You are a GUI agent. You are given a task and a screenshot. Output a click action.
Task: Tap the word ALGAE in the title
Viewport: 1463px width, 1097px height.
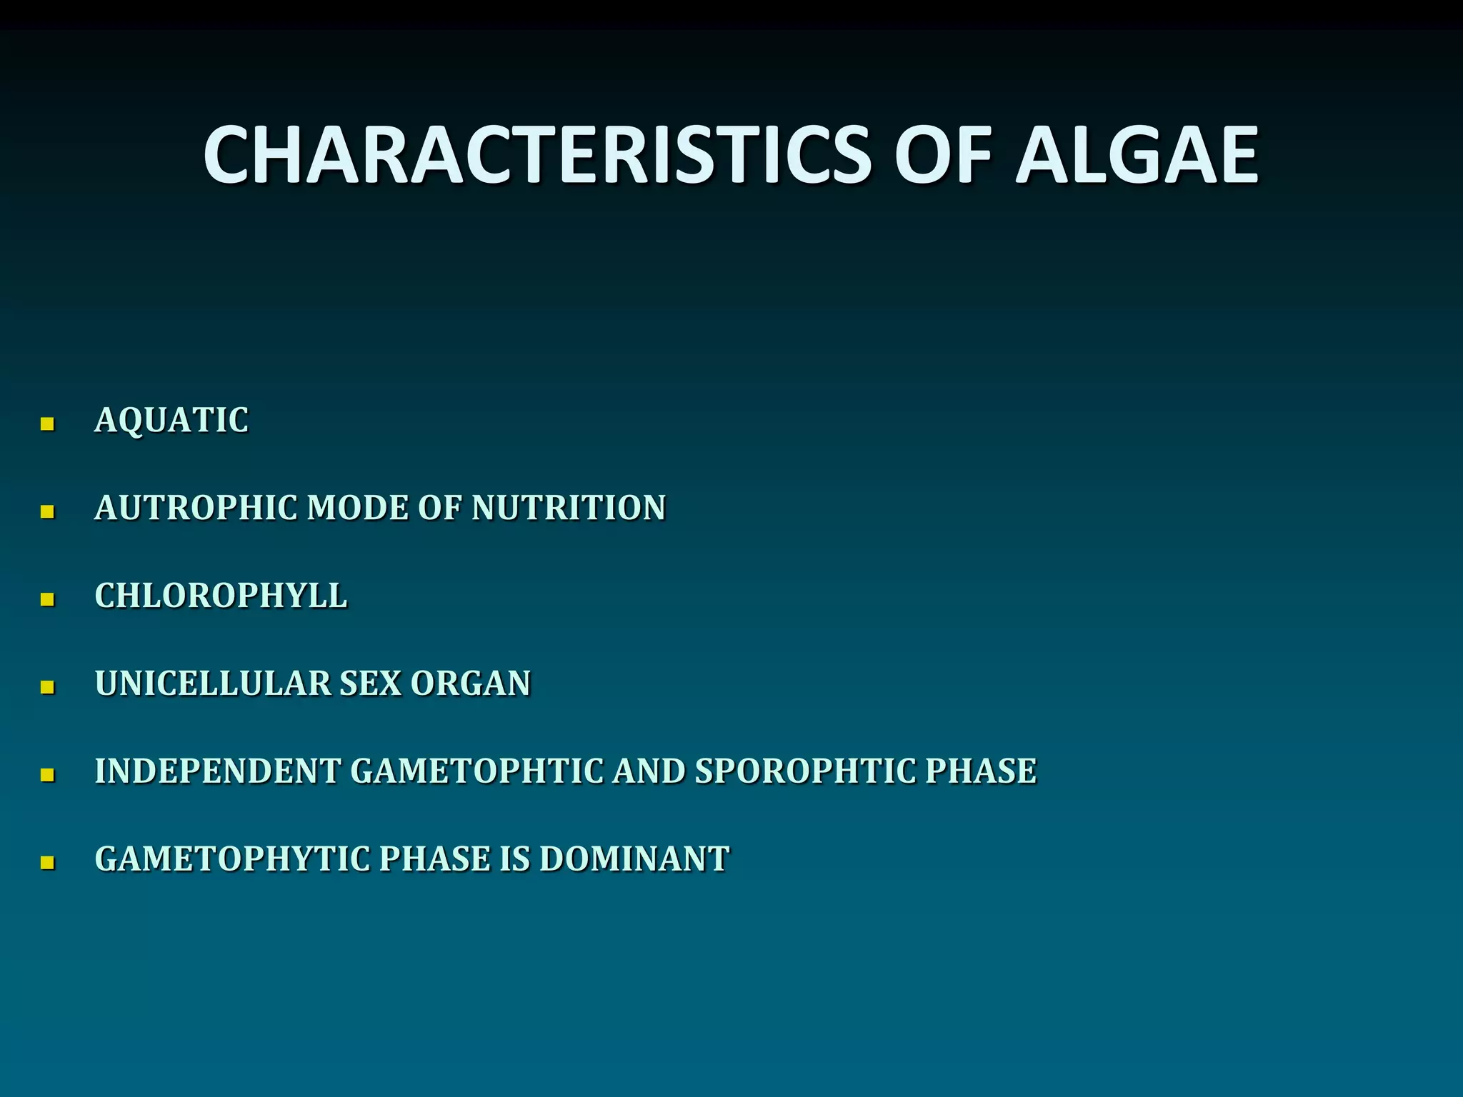pos(1137,155)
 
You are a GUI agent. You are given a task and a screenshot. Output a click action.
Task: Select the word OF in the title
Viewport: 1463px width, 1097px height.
pos(944,155)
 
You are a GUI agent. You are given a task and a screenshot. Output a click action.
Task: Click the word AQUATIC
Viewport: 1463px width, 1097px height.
pos(171,420)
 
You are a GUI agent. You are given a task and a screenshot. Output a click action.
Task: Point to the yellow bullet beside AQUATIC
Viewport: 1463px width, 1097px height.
pos(48,424)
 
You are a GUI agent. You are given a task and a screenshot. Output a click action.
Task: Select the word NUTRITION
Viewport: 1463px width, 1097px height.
pos(569,508)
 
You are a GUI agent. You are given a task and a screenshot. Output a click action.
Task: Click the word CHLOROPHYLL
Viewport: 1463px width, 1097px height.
pos(221,596)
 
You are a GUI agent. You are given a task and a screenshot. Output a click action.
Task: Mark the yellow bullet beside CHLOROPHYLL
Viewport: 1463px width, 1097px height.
pos(48,600)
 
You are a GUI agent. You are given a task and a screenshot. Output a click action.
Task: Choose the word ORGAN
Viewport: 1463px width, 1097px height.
pos(471,683)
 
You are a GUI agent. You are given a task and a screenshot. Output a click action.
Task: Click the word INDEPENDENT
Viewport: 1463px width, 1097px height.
pos(218,771)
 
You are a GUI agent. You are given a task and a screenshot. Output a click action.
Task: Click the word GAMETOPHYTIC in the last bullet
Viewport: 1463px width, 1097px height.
pos(232,859)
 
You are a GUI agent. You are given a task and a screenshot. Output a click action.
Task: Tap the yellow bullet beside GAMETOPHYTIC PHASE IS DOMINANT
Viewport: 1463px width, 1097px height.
pos(48,863)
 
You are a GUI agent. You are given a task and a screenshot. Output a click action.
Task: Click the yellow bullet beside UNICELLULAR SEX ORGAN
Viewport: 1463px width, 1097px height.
pos(48,688)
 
